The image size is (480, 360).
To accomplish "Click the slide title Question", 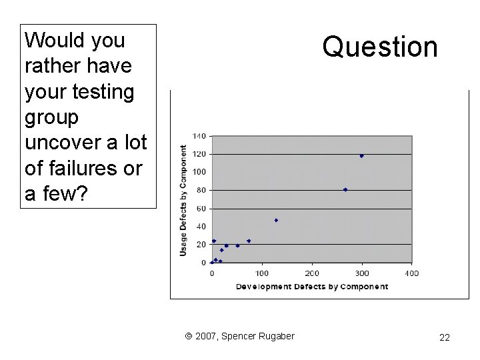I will pyautogui.click(x=380, y=47).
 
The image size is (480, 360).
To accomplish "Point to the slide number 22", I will pyautogui.click(x=444, y=338).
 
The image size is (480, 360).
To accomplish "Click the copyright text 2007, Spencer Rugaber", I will pyautogui.click(x=239, y=336).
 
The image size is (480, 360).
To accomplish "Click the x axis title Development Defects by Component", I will pyautogui.click(x=311, y=287).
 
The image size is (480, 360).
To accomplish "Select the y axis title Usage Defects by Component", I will pyautogui.click(x=183, y=200).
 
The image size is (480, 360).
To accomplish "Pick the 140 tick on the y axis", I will pyautogui.click(x=199, y=136).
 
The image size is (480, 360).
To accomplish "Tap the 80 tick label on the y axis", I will pyautogui.click(x=201, y=190).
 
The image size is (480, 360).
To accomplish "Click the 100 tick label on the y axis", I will pyautogui.click(x=199, y=172).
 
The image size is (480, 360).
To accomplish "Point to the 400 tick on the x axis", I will pyautogui.click(x=411, y=273).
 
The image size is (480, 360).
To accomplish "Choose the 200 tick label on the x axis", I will pyautogui.click(x=312, y=273).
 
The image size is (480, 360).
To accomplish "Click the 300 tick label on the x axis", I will pyautogui.click(x=362, y=273).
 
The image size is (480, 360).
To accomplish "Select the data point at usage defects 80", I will pyautogui.click(x=345, y=189).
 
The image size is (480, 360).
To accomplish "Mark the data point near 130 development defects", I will pyautogui.click(x=276, y=220).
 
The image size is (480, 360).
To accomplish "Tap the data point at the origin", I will pyautogui.click(x=212, y=262).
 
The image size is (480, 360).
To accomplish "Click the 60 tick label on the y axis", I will pyautogui.click(x=201, y=209).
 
